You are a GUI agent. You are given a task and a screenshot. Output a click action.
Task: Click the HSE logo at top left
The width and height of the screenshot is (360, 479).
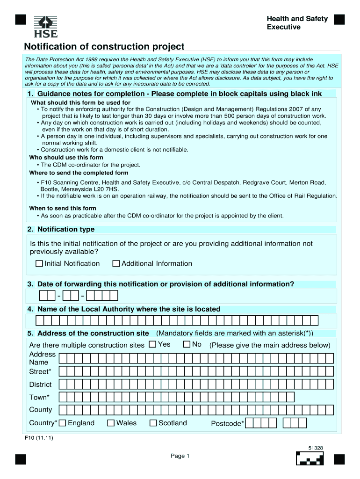click(x=46, y=27)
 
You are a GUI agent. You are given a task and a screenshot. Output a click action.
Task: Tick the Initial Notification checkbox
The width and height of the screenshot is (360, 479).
click(x=39, y=264)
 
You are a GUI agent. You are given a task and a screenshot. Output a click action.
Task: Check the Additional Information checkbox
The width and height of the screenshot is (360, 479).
click(x=116, y=264)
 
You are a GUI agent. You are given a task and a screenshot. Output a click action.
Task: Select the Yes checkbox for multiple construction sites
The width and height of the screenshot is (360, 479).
click(x=152, y=345)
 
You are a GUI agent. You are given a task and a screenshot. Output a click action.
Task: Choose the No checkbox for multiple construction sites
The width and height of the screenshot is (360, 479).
click(x=187, y=345)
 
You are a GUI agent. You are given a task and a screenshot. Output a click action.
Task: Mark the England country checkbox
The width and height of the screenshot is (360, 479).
click(x=63, y=423)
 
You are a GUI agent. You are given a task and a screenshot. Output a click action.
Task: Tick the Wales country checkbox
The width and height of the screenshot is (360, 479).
click(x=111, y=423)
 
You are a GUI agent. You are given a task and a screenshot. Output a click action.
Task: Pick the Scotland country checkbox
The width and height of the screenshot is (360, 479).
click(x=153, y=423)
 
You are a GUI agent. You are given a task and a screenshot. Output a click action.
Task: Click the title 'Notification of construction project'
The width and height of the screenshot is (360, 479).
click(x=104, y=47)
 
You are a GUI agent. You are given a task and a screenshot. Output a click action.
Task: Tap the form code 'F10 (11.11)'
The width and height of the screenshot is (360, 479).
click(x=39, y=438)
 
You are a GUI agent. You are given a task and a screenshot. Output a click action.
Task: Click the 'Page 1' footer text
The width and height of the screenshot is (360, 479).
click(x=180, y=456)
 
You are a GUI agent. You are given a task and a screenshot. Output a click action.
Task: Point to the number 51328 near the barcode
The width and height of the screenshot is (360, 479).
click(x=315, y=448)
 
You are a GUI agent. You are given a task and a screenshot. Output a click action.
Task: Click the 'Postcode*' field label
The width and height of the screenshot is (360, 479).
click(x=227, y=424)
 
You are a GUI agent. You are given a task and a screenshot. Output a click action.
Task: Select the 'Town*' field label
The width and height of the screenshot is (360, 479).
click(x=38, y=397)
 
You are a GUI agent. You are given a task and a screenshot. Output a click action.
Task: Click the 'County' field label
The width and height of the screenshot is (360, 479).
click(x=41, y=410)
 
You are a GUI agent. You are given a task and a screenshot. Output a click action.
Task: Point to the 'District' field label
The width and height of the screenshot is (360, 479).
click(x=41, y=385)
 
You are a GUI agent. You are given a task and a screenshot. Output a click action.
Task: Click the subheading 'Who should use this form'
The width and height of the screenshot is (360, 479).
click(x=66, y=158)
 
